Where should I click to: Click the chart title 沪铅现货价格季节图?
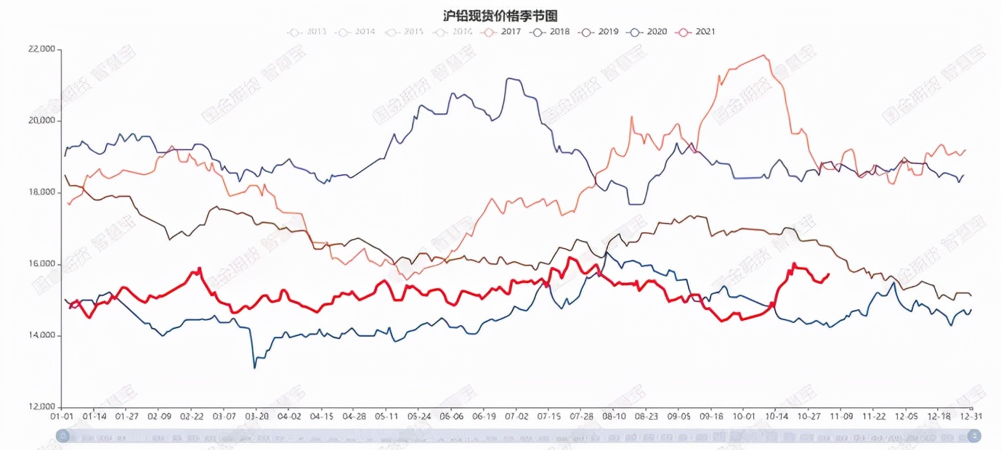click(x=500, y=15)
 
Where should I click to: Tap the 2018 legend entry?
click(x=551, y=32)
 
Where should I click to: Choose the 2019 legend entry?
click(x=599, y=32)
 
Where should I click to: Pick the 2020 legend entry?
click(x=647, y=32)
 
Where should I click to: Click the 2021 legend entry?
click(x=696, y=32)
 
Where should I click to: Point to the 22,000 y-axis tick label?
click(x=42, y=49)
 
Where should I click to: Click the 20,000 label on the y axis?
click(x=42, y=121)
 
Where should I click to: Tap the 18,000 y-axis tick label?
click(x=42, y=192)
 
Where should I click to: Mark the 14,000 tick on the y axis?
click(x=42, y=336)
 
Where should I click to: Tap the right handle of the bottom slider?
click(x=974, y=435)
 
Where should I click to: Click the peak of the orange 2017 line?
click(x=763, y=55)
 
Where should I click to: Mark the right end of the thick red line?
click(x=829, y=274)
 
